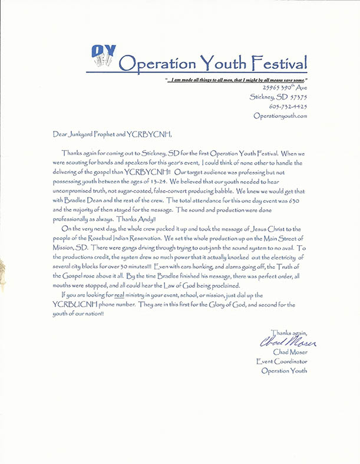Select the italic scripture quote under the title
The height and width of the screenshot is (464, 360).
pos(237,80)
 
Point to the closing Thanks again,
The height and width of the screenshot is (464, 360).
pos(288,333)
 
